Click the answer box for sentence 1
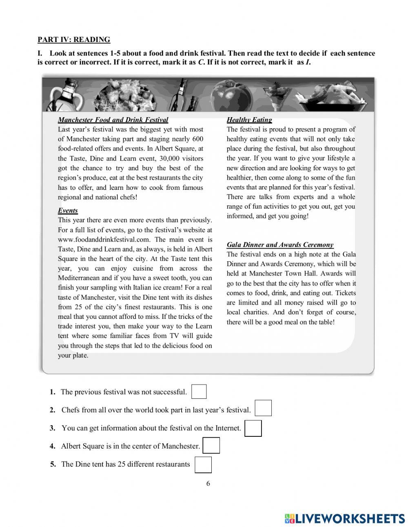pos(199,391)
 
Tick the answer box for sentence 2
pos(263,408)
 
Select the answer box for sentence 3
pos(253,428)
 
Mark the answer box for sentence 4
pos(211,445)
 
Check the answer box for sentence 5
pos(203,465)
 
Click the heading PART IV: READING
pos(74,40)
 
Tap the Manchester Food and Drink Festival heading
pos(113,120)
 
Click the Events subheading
pos(68,211)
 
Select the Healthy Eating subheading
pos(249,120)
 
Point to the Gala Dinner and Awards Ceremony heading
pos(280,245)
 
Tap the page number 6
pos(208,484)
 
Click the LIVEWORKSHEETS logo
pos(345,518)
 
